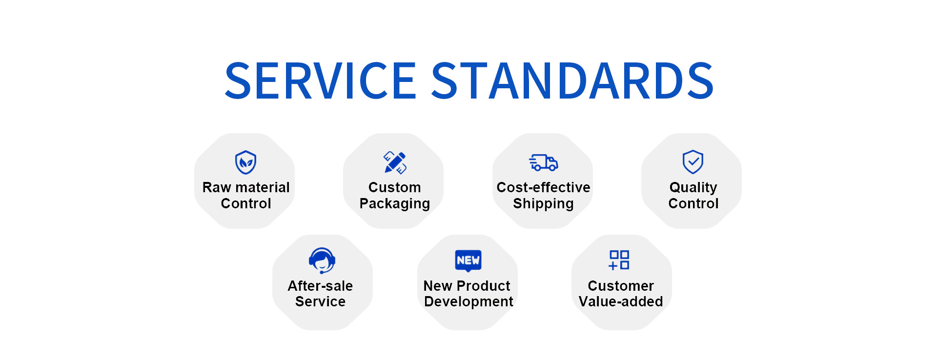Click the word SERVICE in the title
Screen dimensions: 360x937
click(x=320, y=81)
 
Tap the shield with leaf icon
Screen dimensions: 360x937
click(x=246, y=162)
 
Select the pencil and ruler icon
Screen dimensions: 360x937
click(x=395, y=162)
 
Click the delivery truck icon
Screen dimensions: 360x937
click(x=543, y=162)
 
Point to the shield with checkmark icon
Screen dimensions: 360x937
click(x=693, y=162)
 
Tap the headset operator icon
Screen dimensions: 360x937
click(x=322, y=260)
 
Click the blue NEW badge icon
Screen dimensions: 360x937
click(x=468, y=260)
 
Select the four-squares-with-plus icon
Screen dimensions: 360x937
click(x=619, y=260)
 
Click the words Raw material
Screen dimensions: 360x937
click(x=246, y=187)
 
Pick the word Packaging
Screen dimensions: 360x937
click(x=395, y=204)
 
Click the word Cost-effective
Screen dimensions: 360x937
click(x=543, y=187)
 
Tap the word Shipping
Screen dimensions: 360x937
click(x=543, y=204)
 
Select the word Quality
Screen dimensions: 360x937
click(x=693, y=188)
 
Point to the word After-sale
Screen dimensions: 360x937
click(x=320, y=286)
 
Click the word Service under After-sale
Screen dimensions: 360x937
click(x=320, y=301)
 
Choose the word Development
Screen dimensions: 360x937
click(x=468, y=302)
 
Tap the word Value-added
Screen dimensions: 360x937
click(x=621, y=301)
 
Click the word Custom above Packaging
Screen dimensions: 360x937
click(x=395, y=187)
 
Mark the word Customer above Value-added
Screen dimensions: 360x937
click(x=621, y=286)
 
